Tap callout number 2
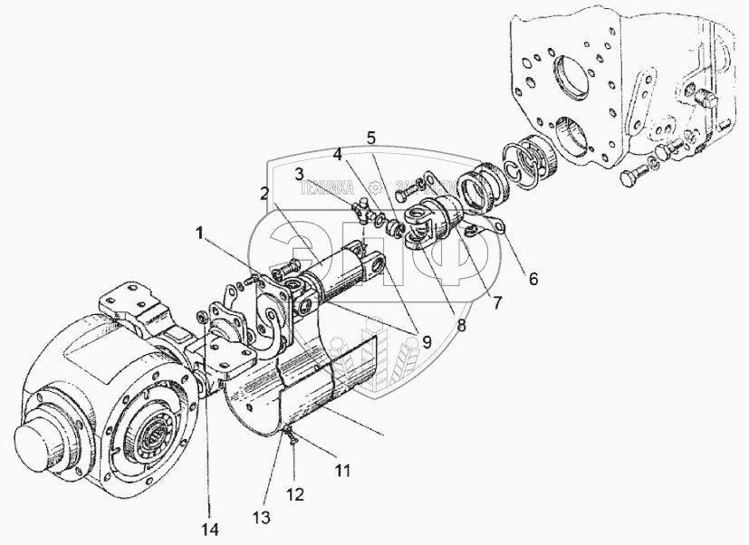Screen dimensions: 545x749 click(264, 193)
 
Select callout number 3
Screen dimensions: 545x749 click(300, 172)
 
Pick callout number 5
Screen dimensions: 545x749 click(371, 138)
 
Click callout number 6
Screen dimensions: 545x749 click(533, 279)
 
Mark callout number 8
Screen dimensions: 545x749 click(460, 324)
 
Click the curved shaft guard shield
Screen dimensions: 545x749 click(299, 389)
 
